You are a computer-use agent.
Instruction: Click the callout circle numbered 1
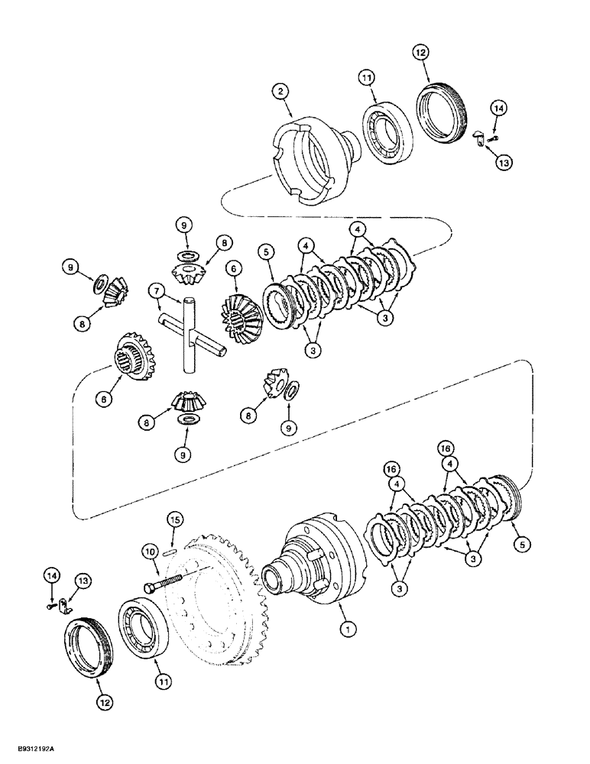pyautogui.click(x=348, y=630)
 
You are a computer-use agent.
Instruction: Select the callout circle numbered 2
pyautogui.click(x=282, y=92)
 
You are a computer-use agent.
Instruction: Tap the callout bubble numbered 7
pyautogui.click(x=155, y=290)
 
